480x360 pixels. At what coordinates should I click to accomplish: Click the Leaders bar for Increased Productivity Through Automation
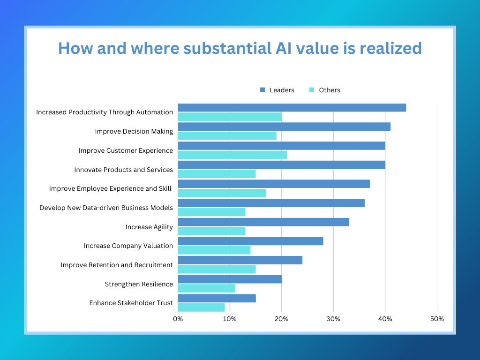point(292,107)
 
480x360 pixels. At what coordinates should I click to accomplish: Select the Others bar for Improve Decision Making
point(227,136)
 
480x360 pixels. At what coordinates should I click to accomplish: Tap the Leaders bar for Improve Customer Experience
point(281,146)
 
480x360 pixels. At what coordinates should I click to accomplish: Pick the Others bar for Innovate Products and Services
point(217,174)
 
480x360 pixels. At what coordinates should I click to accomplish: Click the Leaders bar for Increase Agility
point(263,222)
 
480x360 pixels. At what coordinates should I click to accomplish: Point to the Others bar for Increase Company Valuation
point(214,250)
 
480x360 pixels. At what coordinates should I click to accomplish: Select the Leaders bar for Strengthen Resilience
point(230,279)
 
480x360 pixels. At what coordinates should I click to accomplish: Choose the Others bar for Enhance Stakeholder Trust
point(201,307)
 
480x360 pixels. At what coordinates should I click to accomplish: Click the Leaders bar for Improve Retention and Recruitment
point(240,260)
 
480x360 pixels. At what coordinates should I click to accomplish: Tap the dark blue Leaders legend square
point(262,90)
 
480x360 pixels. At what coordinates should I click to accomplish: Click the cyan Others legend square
point(311,90)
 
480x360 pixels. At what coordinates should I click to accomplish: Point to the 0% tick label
point(178,319)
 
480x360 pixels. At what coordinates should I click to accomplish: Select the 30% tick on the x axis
point(333,319)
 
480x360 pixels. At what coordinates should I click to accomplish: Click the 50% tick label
point(437,319)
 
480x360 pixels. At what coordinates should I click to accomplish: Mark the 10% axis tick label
point(230,319)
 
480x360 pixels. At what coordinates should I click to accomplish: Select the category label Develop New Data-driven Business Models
point(106,208)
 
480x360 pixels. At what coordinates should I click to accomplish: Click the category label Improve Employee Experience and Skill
point(111,188)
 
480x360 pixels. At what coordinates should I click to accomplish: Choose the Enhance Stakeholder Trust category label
point(131,303)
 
